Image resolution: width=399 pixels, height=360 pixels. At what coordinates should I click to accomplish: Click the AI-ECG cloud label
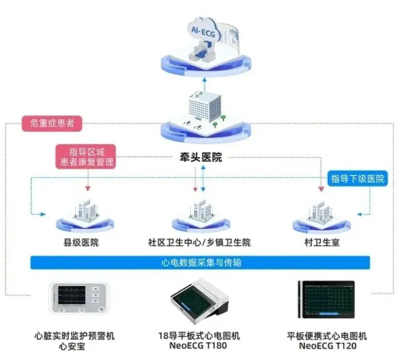(201, 32)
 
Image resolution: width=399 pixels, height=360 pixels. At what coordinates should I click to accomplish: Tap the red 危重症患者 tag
(51, 123)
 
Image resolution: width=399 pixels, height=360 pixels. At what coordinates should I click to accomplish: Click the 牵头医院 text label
(201, 157)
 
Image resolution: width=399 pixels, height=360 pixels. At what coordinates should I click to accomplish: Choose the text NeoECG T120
(327, 346)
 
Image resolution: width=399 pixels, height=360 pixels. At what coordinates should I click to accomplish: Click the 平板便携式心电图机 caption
(327, 336)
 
